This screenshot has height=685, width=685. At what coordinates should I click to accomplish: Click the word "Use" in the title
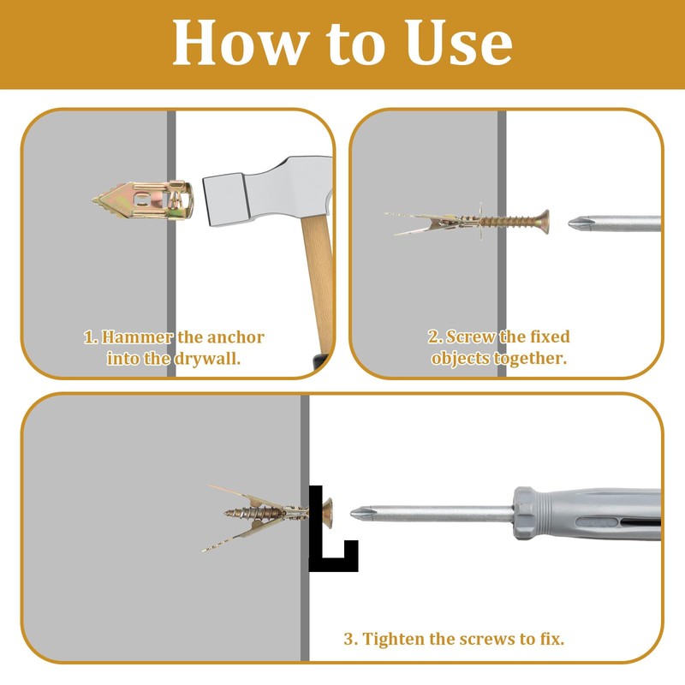tap(458, 43)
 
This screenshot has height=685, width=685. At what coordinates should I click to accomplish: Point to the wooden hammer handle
tap(318, 284)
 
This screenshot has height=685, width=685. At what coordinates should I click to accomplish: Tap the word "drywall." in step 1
tap(207, 358)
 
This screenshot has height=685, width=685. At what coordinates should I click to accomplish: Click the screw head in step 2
tap(544, 222)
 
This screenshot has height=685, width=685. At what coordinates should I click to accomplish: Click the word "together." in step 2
tap(530, 358)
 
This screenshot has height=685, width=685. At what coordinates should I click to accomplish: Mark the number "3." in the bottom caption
tap(351, 639)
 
